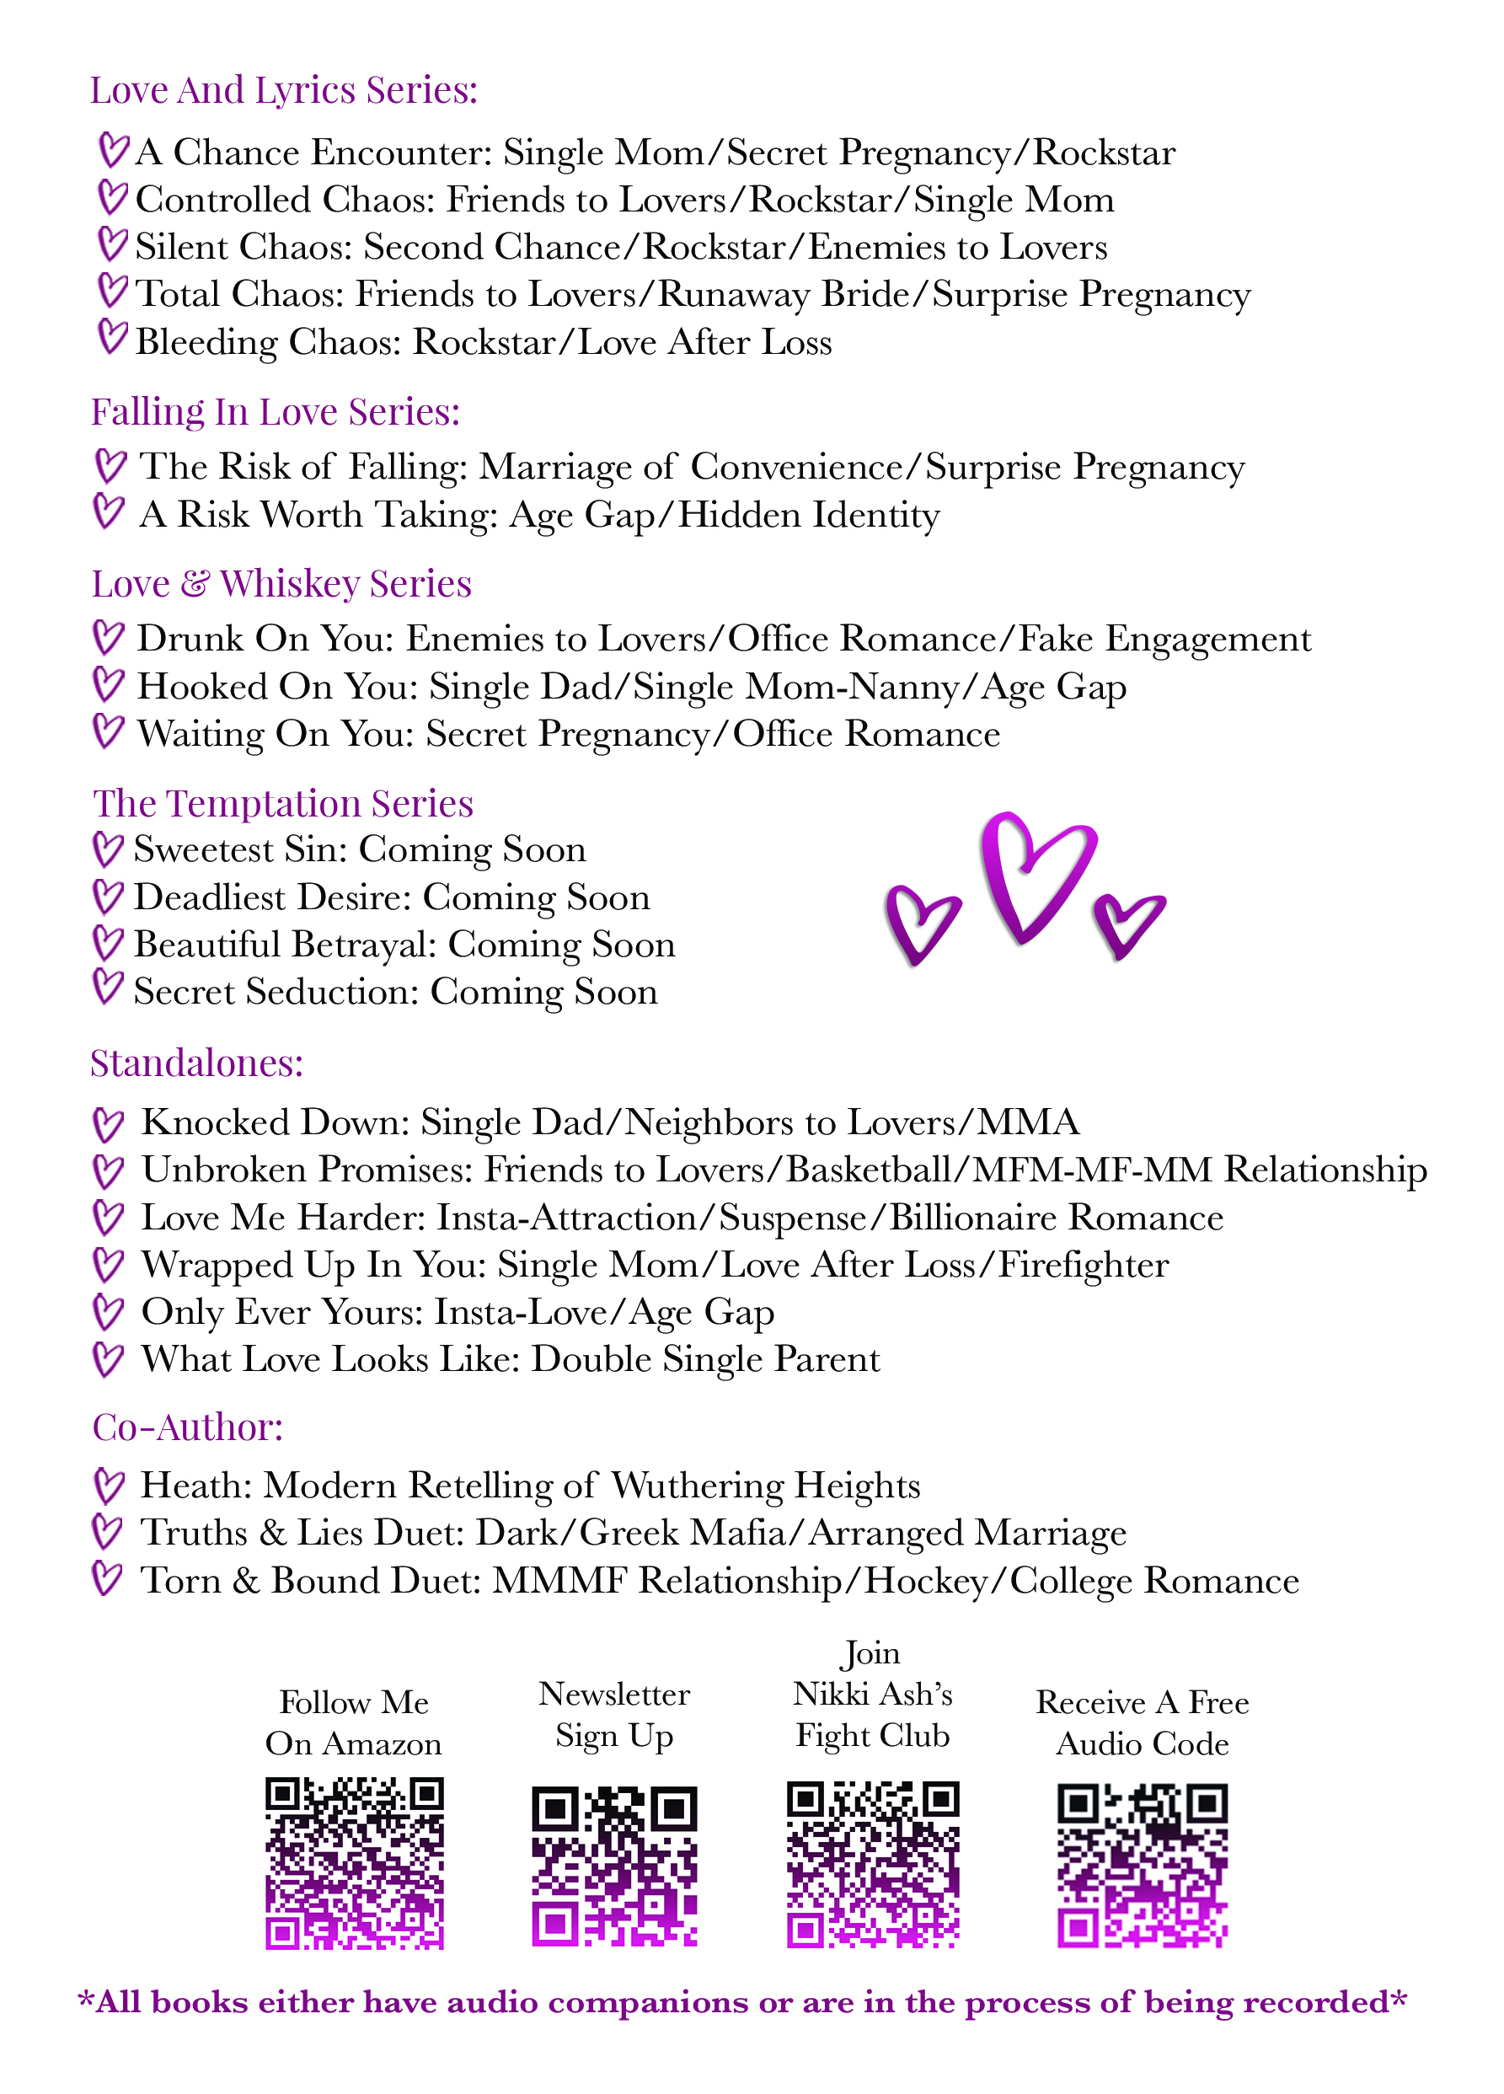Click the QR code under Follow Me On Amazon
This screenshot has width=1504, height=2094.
tap(355, 1862)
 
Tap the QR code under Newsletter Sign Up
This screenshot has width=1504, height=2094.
tap(614, 1865)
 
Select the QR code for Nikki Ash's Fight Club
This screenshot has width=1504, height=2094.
tap(872, 1863)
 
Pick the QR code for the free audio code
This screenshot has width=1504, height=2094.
tap(1142, 1865)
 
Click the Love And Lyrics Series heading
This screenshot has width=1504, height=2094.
tap(283, 90)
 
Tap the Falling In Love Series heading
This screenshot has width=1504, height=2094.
tap(276, 412)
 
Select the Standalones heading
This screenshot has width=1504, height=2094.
tap(196, 1063)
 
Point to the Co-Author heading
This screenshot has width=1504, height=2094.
tap(187, 1427)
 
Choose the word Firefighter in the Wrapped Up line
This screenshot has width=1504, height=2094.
tap(1083, 1265)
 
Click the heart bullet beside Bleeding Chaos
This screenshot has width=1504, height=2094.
tap(112, 337)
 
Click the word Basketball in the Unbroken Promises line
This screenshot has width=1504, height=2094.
tap(869, 1170)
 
